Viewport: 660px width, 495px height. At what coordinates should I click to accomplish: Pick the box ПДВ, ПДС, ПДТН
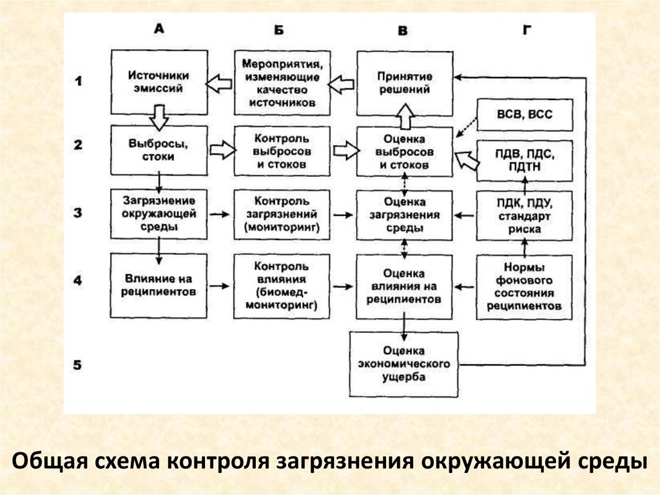pos(523,160)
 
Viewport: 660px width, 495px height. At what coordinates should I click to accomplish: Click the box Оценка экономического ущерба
pos(403,365)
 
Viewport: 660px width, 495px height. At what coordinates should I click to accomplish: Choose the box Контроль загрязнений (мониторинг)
pos(280,215)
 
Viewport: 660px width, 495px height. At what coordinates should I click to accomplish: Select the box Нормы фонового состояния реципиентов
pos(524,287)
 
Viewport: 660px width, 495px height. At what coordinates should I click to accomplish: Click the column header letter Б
pos(278,30)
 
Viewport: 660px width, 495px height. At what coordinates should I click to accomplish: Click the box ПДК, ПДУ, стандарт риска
pos(524,215)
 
